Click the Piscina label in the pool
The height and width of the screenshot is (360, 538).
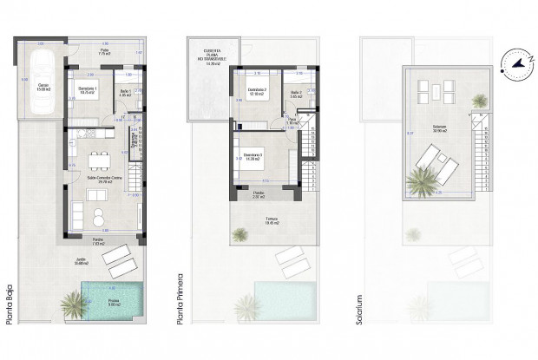tap(114, 301)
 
